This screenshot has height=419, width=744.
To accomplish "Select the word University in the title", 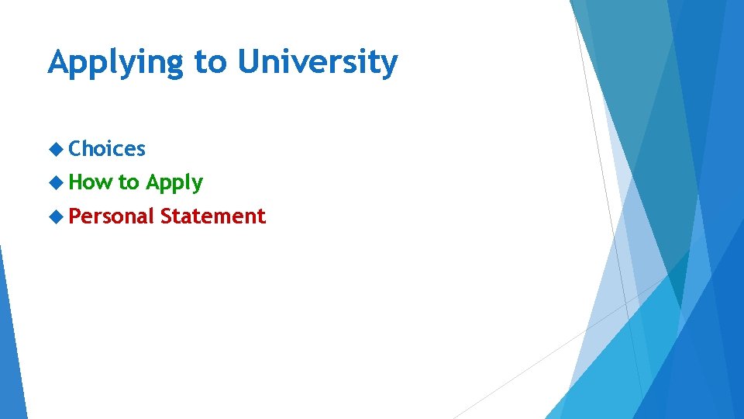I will coord(318,62).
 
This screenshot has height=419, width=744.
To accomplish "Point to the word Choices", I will coord(107,148).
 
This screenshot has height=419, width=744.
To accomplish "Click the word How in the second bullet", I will coord(90,182).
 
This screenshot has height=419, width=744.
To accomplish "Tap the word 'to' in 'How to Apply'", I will coord(129,183).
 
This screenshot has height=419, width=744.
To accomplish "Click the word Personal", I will coord(112,216).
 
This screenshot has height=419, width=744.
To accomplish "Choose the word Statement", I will coord(213,216).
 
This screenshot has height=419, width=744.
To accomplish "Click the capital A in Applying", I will coord(58,62).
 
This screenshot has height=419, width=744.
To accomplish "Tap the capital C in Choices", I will coord(75,148).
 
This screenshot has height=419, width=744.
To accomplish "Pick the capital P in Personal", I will coord(74,216).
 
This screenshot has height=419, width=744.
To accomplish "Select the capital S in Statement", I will coord(167,216).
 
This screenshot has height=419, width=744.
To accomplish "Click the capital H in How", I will coord(76,182).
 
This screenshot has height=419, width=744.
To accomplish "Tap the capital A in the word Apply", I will coord(153,182).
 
